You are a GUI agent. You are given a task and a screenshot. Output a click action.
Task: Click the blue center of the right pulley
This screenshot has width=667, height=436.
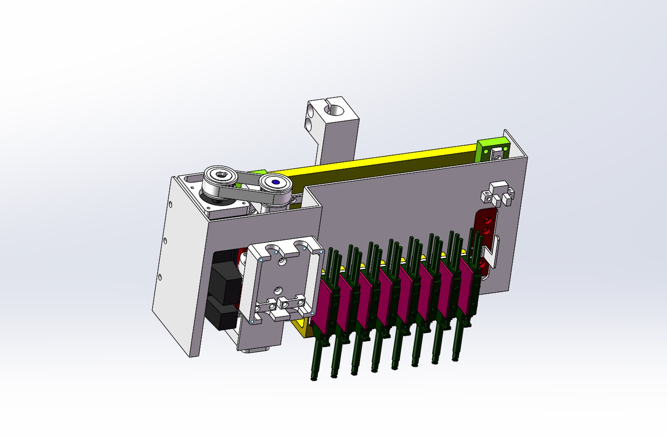click(x=276, y=182)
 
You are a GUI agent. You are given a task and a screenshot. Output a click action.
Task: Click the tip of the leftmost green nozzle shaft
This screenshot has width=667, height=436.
click(x=314, y=378)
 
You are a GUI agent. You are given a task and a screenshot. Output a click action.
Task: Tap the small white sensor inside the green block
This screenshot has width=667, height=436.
click(x=496, y=154)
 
